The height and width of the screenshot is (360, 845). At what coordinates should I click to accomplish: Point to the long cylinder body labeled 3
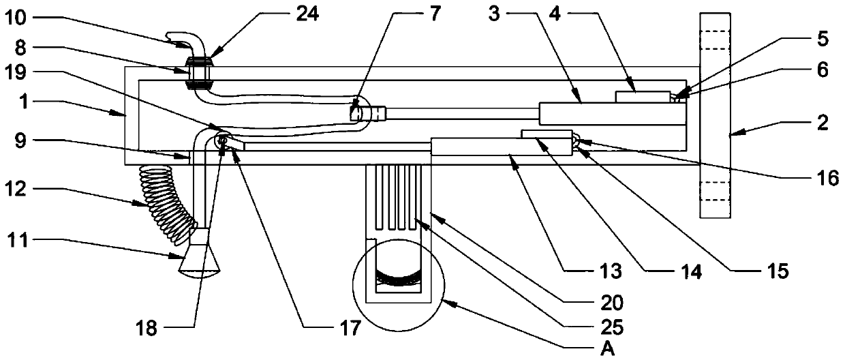[611, 113]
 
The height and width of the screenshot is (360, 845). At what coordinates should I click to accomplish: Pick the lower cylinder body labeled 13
[501, 147]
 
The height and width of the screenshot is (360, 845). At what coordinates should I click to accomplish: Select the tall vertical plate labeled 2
[716, 115]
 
